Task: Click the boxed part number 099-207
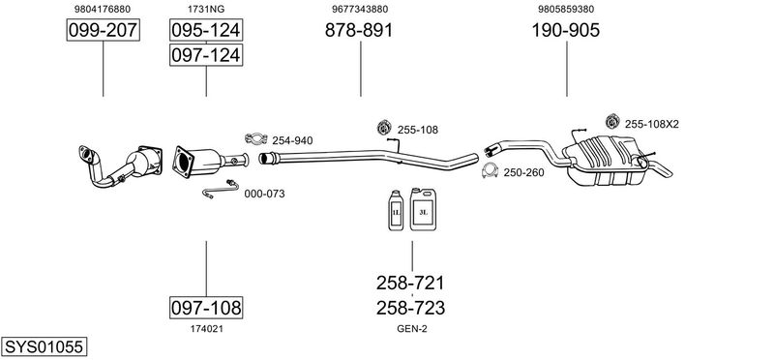(x=104, y=30)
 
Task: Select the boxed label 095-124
(x=206, y=30)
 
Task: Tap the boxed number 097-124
(x=206, y=54)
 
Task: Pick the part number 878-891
(x=359, y=30)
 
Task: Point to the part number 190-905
(x=566, y=30)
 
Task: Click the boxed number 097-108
(x=206, y=308)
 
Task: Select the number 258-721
(x=410, y=283)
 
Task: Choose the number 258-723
(x=410, y=308)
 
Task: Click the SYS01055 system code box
(x=44, y=346)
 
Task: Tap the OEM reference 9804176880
(x=103, y=9)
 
